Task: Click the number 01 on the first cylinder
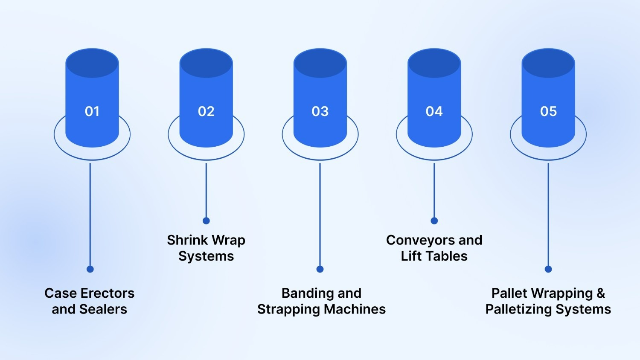click(92, 111)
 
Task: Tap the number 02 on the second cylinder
click(206, 111)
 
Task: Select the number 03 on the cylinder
click(320, 111)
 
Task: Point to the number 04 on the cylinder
click(434, 111)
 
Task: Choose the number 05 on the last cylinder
click(548, 111)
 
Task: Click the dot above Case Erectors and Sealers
click(90, 269)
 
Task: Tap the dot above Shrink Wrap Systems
click(206, 221)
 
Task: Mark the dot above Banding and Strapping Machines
click(320, 269)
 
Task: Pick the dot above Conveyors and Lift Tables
click(434, 221)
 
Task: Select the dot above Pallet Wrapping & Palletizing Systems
click(548, 269)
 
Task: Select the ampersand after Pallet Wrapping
click(601, 293)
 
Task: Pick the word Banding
click(302, 293)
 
